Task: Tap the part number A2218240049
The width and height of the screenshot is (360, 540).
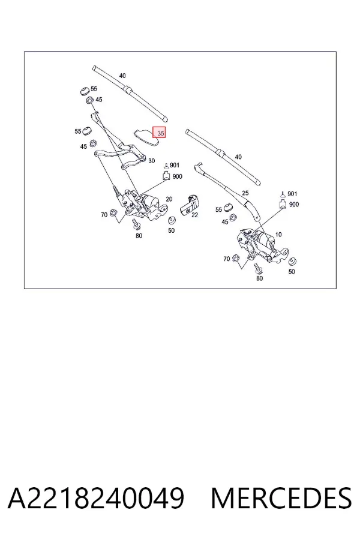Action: (96, 498)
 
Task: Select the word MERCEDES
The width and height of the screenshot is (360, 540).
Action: (281, 498)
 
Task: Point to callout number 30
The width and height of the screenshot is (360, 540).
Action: (152, 161)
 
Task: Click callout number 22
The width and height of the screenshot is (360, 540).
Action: (194, 215)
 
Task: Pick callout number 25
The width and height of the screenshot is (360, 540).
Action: (245, 193)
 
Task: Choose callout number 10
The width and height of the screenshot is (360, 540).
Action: (278, 235)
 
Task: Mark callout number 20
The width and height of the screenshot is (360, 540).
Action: (169, 199)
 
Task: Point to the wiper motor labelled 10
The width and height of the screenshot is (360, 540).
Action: (262, 245)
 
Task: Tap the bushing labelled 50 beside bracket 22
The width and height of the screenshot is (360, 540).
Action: (171, 220)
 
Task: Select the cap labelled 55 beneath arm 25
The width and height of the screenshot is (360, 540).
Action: (228, 208)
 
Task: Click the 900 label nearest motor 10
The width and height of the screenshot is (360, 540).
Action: (294, 205)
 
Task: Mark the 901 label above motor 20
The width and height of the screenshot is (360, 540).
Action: (175, 166)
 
